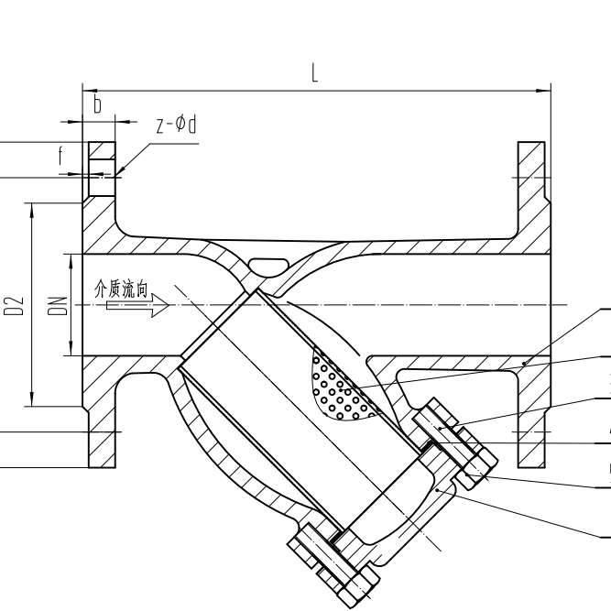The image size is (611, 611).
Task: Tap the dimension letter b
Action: pyautogui.click(x=97, y=105)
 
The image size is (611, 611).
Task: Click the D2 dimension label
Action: pyautogui.click(x=12, y=306)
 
